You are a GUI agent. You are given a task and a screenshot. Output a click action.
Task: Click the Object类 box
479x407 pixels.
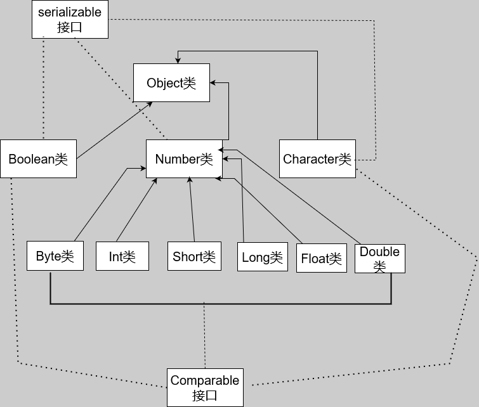[x=171, y=82]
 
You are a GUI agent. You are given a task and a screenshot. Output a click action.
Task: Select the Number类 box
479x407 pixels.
[x=184, y=158]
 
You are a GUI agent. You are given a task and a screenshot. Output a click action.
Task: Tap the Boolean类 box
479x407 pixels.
[x=38, y=158]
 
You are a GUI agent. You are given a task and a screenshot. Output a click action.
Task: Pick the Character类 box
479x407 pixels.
[x=317, y=158]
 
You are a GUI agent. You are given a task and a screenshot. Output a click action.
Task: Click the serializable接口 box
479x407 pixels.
[x=70, y=19]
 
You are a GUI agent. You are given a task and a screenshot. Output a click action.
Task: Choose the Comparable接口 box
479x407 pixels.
[x=205, y=387]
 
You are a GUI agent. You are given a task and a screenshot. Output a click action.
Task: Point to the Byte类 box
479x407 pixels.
[x=55, y=256]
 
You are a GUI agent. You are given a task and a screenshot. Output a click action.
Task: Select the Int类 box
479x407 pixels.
[x=122, y=256]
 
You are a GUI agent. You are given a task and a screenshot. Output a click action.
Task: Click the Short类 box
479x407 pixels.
[x=194, y=256]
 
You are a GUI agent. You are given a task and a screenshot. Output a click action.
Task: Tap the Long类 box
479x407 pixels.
[x=262, y=257]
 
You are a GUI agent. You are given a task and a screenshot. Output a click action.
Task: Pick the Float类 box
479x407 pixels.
[x=321, y=258]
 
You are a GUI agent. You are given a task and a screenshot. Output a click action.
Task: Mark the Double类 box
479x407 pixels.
[x=379, y=258]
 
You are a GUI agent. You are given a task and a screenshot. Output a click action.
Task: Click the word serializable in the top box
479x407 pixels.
[x=70, y=12]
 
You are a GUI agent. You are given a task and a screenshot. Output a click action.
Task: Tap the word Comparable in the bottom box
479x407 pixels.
[x=205, y=380]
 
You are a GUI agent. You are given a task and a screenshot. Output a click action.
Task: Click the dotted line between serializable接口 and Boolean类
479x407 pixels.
[x=43, y=89]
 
